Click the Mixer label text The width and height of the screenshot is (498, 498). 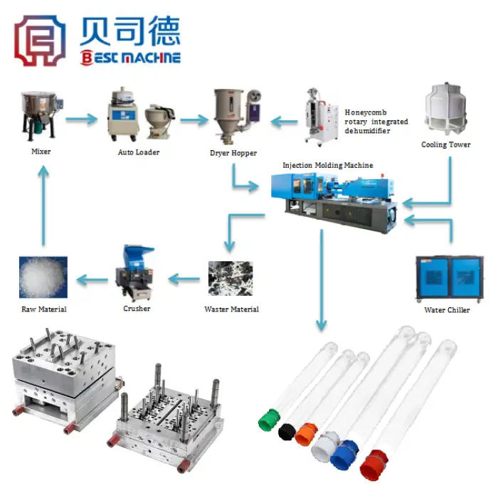tap(41, 152)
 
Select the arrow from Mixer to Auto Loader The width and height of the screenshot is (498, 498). tap(82, 120)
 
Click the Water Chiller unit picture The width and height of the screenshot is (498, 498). tap(450, 280)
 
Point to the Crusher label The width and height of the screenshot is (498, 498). tap(137, 308)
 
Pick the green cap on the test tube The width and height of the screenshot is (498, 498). tap(269, 420)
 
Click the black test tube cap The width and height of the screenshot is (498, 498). tap(287, 432)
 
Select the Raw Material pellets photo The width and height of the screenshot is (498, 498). tap(43, 277)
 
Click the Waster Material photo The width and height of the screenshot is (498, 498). tap(231, 279)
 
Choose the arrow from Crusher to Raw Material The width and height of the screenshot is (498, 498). tap(92, 280)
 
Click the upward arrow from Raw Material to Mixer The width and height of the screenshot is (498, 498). tap(43, 206)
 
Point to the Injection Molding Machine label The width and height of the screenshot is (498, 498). tap(328, 165)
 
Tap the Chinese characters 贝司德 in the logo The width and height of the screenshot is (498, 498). tap(130, 31)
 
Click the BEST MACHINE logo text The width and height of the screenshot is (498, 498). tap(130, 58)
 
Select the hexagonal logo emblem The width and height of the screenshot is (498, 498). tap(40, 41)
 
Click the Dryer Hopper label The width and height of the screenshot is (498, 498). tap(233, 153)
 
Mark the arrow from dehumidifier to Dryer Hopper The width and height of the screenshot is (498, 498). tap(285, 122)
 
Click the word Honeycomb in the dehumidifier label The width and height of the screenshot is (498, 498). tap(366, 112)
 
